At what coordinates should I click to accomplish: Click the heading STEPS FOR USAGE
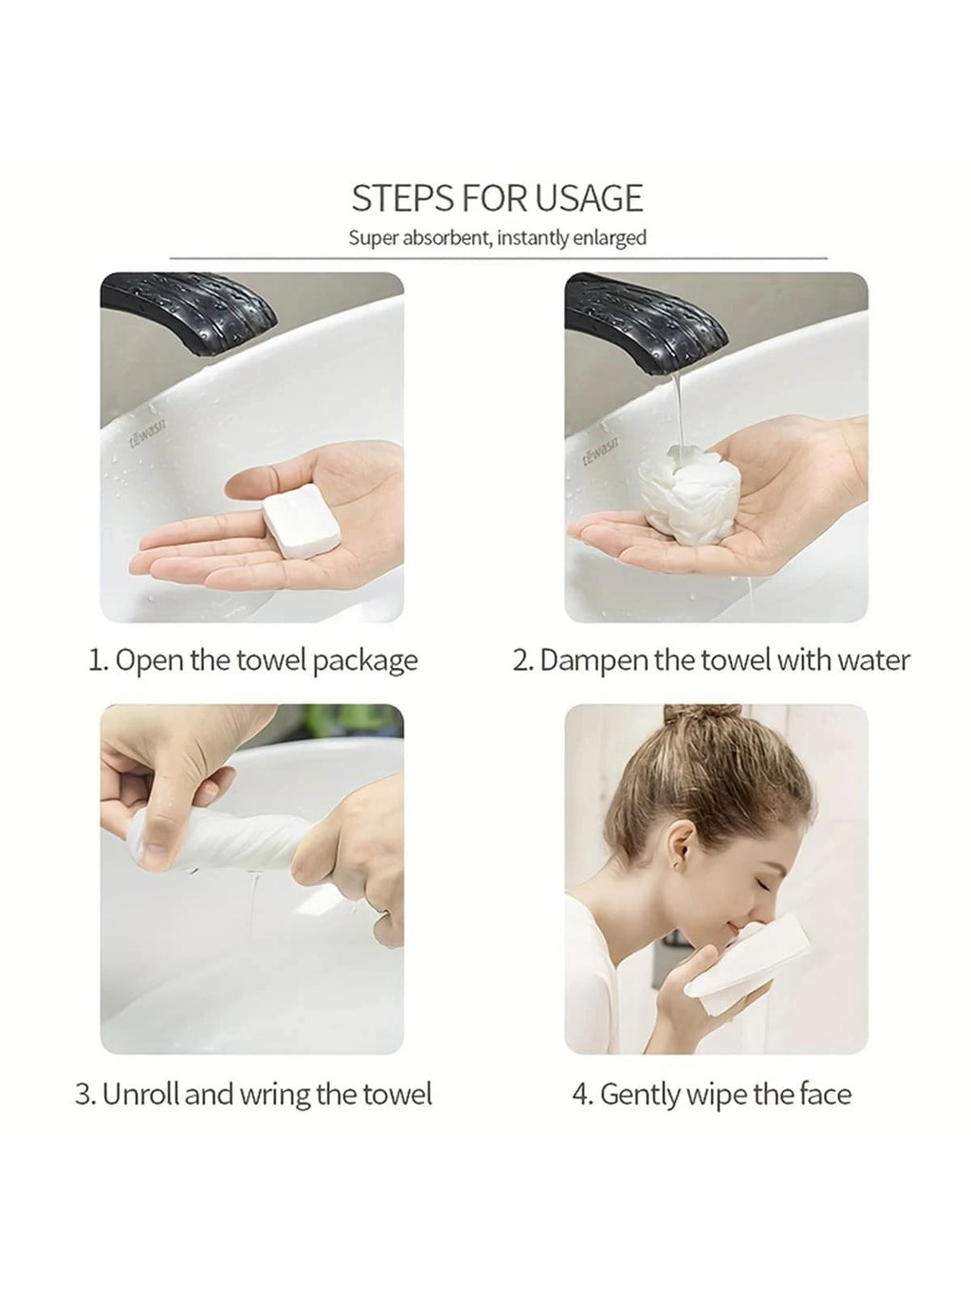(497, 198)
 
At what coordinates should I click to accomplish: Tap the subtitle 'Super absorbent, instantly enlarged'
(498, 238)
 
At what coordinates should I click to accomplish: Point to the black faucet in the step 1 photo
(188, 313)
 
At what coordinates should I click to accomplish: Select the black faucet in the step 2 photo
(646, 320)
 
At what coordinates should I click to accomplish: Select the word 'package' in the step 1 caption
(365, 661)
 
